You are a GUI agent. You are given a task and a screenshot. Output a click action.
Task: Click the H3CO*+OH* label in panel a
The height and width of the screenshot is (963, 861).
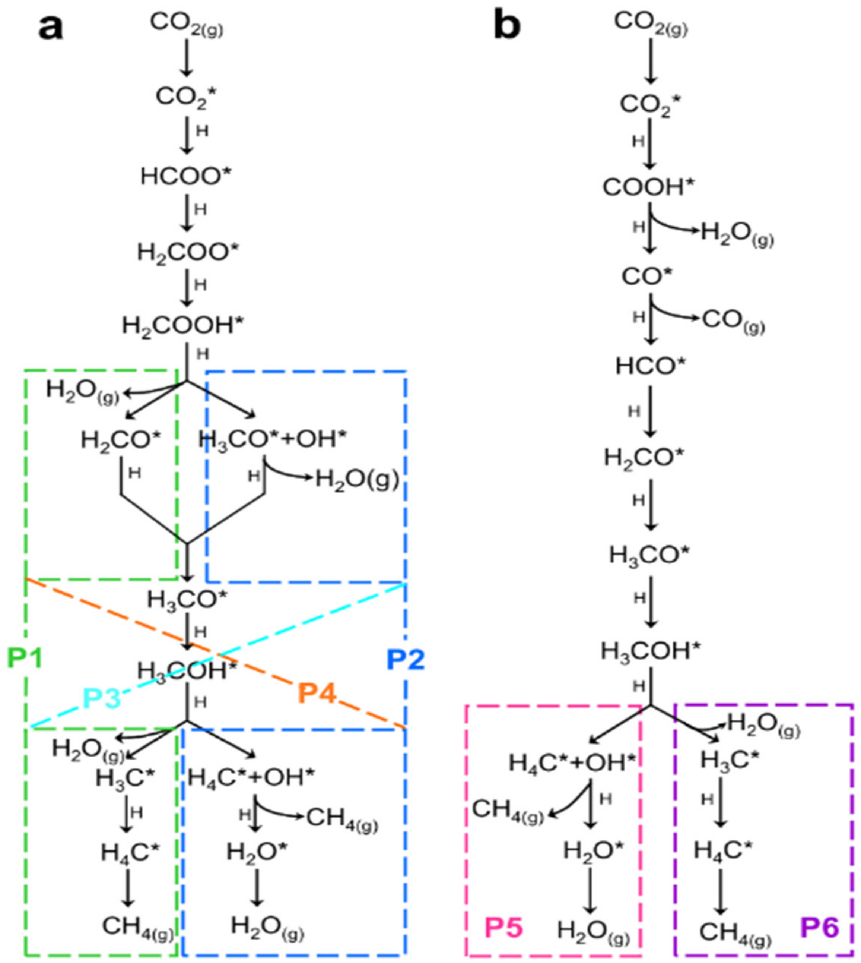click(x=272, y=439)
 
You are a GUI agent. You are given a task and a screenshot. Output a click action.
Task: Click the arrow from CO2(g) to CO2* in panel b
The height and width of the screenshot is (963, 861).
click(x=651, y=61)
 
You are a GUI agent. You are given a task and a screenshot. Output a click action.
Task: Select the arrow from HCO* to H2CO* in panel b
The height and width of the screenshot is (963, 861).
click(x=651, y=411)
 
